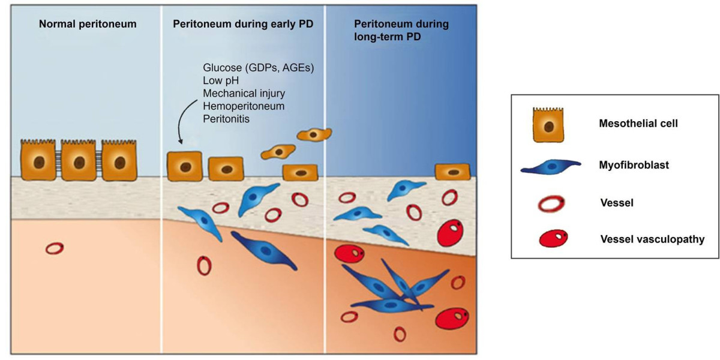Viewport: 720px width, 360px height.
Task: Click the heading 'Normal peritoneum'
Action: tap(88, 24)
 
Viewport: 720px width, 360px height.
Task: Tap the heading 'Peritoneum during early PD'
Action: tap(243, 24)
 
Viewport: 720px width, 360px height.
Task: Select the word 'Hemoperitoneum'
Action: tap(244, 106)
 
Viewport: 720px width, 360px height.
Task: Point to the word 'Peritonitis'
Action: tap(226, 119)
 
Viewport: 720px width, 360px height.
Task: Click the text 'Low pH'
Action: tap(221, 80)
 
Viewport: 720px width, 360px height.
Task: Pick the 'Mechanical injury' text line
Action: tap(244, 93)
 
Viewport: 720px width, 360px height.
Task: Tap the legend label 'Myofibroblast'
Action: tap(634, 165)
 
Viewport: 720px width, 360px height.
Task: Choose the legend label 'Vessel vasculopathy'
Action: tap(653, 239)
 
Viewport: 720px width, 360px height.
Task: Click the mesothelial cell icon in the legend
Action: tap(548, 125)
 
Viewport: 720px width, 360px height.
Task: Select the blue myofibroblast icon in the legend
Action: tap(551, 167)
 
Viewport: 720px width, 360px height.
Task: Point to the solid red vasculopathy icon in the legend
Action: tap(553, 238)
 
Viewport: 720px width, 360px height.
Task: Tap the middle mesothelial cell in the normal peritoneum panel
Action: tap(79, 160)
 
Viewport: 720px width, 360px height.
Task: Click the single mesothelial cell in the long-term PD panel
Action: tap(452, 172)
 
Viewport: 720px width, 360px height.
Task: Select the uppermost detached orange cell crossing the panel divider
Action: tap(314, 134)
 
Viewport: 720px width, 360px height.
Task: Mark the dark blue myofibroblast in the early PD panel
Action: tap(263, 250)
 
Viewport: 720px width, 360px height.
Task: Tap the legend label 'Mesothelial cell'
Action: tap(638, 124)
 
